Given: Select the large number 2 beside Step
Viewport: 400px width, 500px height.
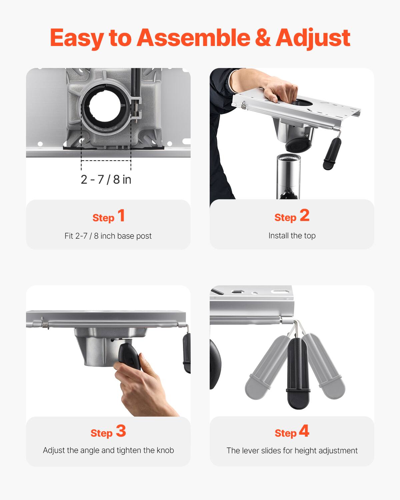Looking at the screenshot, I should point(304,215).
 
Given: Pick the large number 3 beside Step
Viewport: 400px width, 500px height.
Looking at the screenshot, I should point(121,431).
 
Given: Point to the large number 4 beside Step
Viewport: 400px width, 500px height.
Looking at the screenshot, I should point(304,431).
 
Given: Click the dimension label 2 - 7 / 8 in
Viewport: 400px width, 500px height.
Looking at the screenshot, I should point(106,179).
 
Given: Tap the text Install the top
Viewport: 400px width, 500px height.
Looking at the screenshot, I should point(292,236).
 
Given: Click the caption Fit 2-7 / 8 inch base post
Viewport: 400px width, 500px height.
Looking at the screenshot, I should point(108,236).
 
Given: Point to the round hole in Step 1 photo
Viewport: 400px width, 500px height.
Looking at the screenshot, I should point(104,108).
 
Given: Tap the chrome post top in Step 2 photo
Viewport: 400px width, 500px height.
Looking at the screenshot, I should point(289,160).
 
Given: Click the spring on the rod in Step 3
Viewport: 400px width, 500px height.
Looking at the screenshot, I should point(45,323).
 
